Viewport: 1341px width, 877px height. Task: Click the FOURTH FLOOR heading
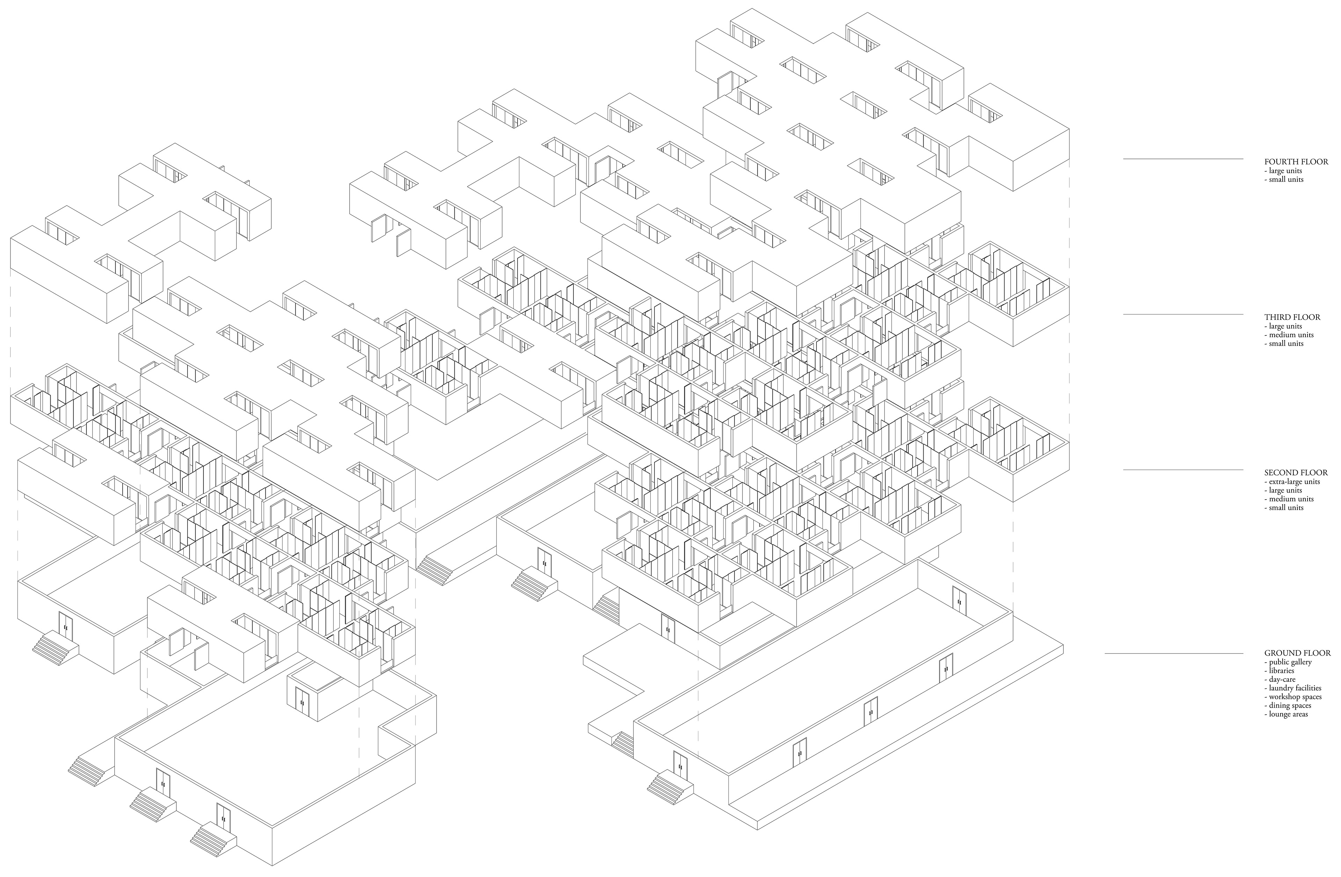[x=1296, y=162]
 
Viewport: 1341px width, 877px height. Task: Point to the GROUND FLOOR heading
[x=1297, y=653]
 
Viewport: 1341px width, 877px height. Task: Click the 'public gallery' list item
[x=1290, y=662]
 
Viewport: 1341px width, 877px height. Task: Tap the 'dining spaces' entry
[x=1289, y=705]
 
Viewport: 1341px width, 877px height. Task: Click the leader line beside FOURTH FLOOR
[x=1183, y=159]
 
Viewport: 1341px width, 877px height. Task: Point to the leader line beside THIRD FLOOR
[x=1183, y=314]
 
